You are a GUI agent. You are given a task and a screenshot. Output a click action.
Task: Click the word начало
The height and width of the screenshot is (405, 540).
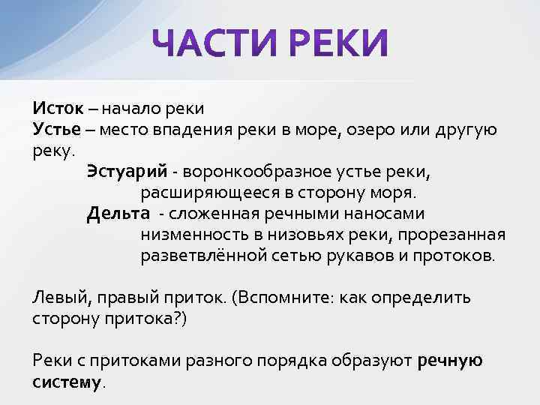(x=128, y=109)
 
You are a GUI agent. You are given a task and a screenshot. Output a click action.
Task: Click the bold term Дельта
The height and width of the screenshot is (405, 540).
(x=118, y=213)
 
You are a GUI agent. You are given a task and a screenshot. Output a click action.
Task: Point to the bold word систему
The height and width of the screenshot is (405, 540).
(x=66, y=381)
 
